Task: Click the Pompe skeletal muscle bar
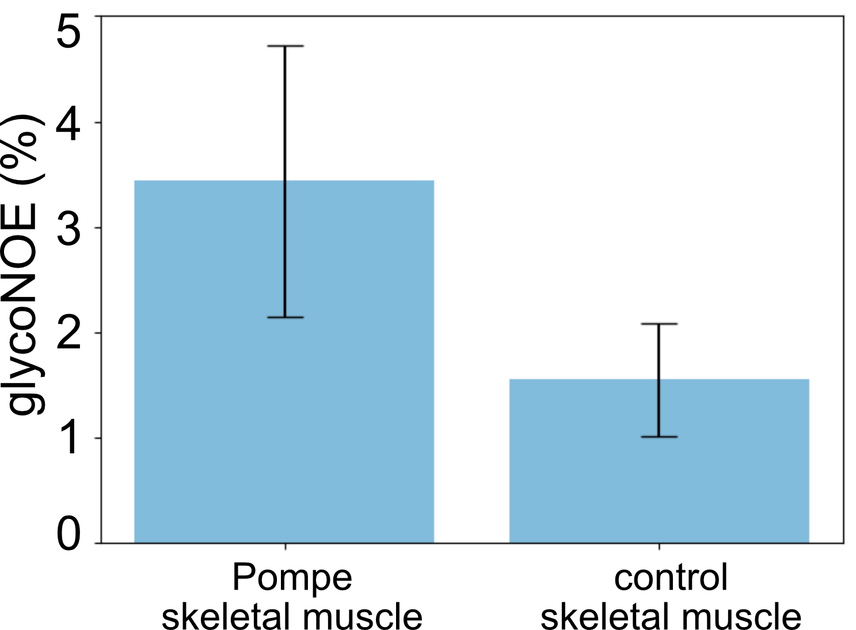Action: (284, 361)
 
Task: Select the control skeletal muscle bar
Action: (659, 461)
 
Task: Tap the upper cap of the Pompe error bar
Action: (286, 46)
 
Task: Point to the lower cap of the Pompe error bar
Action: (286, 318)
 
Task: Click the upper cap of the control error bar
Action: (659, 324)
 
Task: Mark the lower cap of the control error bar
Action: (659, 437)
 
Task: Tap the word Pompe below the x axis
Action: (292, 578)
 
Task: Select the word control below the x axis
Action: (671, 578)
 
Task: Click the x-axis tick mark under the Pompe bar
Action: (286, 547)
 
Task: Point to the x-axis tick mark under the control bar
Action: (659, 547)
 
